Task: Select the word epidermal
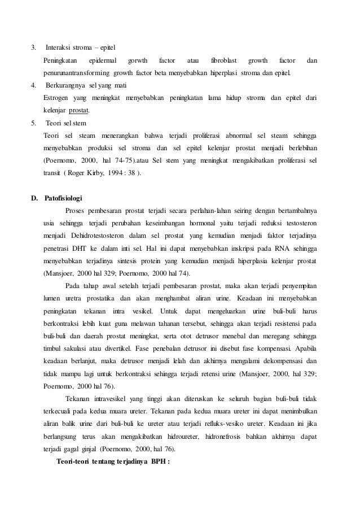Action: coord(102,60)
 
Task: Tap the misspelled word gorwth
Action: coord(138,60)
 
